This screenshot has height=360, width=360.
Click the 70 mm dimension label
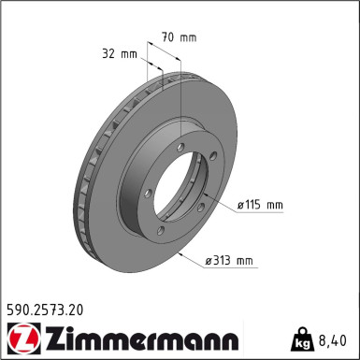point(179,37)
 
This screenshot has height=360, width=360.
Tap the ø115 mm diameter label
point(259,205)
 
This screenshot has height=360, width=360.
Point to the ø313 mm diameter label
point(229,261)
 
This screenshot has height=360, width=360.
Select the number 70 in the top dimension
point(166,37)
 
